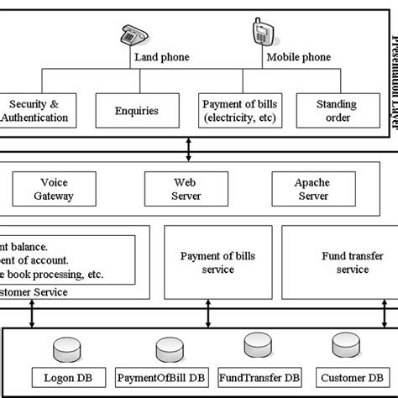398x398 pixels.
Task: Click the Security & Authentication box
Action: pos(34,110)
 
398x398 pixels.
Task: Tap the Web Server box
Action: pos(186,189)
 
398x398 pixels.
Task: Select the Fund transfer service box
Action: pos(339,262)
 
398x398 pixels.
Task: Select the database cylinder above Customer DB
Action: pos(344,345)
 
